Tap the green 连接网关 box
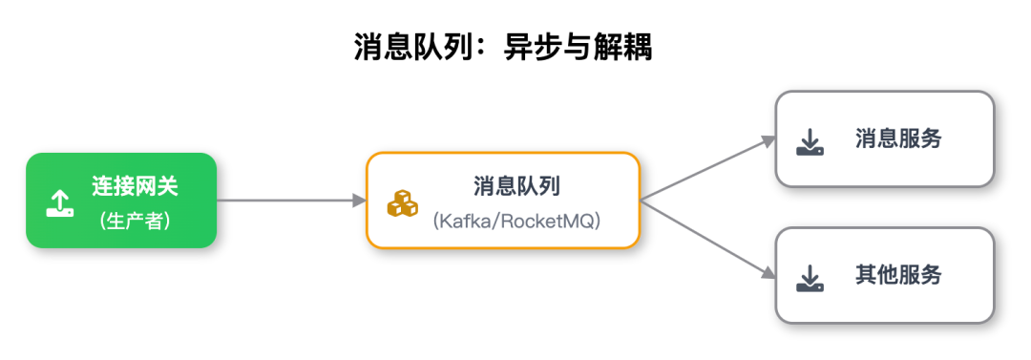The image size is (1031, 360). click(121, 201)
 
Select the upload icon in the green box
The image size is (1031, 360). click(59, 202)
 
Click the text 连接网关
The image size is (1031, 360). click(135, 186)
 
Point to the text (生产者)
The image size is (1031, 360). click(135, 221)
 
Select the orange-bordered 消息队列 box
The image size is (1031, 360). click(503, 201)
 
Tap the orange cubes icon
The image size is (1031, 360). click(402, 203)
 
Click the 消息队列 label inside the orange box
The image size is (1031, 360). click(516, 185)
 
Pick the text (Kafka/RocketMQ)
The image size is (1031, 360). click(516, 221)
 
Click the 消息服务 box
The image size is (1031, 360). click(885, 139)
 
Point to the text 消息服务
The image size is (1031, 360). click(898, 139)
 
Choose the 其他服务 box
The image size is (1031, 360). click(885, 275)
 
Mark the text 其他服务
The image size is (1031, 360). click(898, 275)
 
